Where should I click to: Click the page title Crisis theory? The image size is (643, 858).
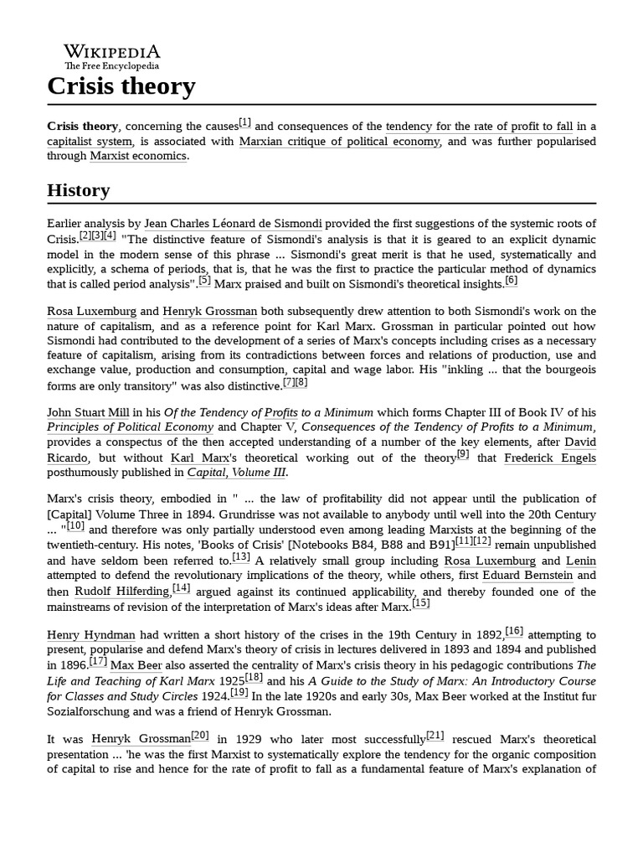(x=121, y=86)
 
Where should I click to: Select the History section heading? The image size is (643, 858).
(x=79, y=190)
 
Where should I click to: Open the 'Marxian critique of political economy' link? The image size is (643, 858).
(x=339, y=142)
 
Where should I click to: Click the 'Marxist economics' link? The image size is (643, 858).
(x=138, y=156)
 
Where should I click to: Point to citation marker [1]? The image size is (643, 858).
(x=244, y=122)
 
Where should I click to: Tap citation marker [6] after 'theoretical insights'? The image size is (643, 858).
(x=511, y=281)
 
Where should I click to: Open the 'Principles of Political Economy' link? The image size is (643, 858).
(x=130, y=427)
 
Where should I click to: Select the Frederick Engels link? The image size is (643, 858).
(x=549, y=457)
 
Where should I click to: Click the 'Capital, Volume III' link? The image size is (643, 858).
(x=236, y=473)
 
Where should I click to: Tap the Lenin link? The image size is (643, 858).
(x=580, y=561)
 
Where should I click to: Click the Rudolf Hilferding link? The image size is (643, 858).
(x=121, y=592)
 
